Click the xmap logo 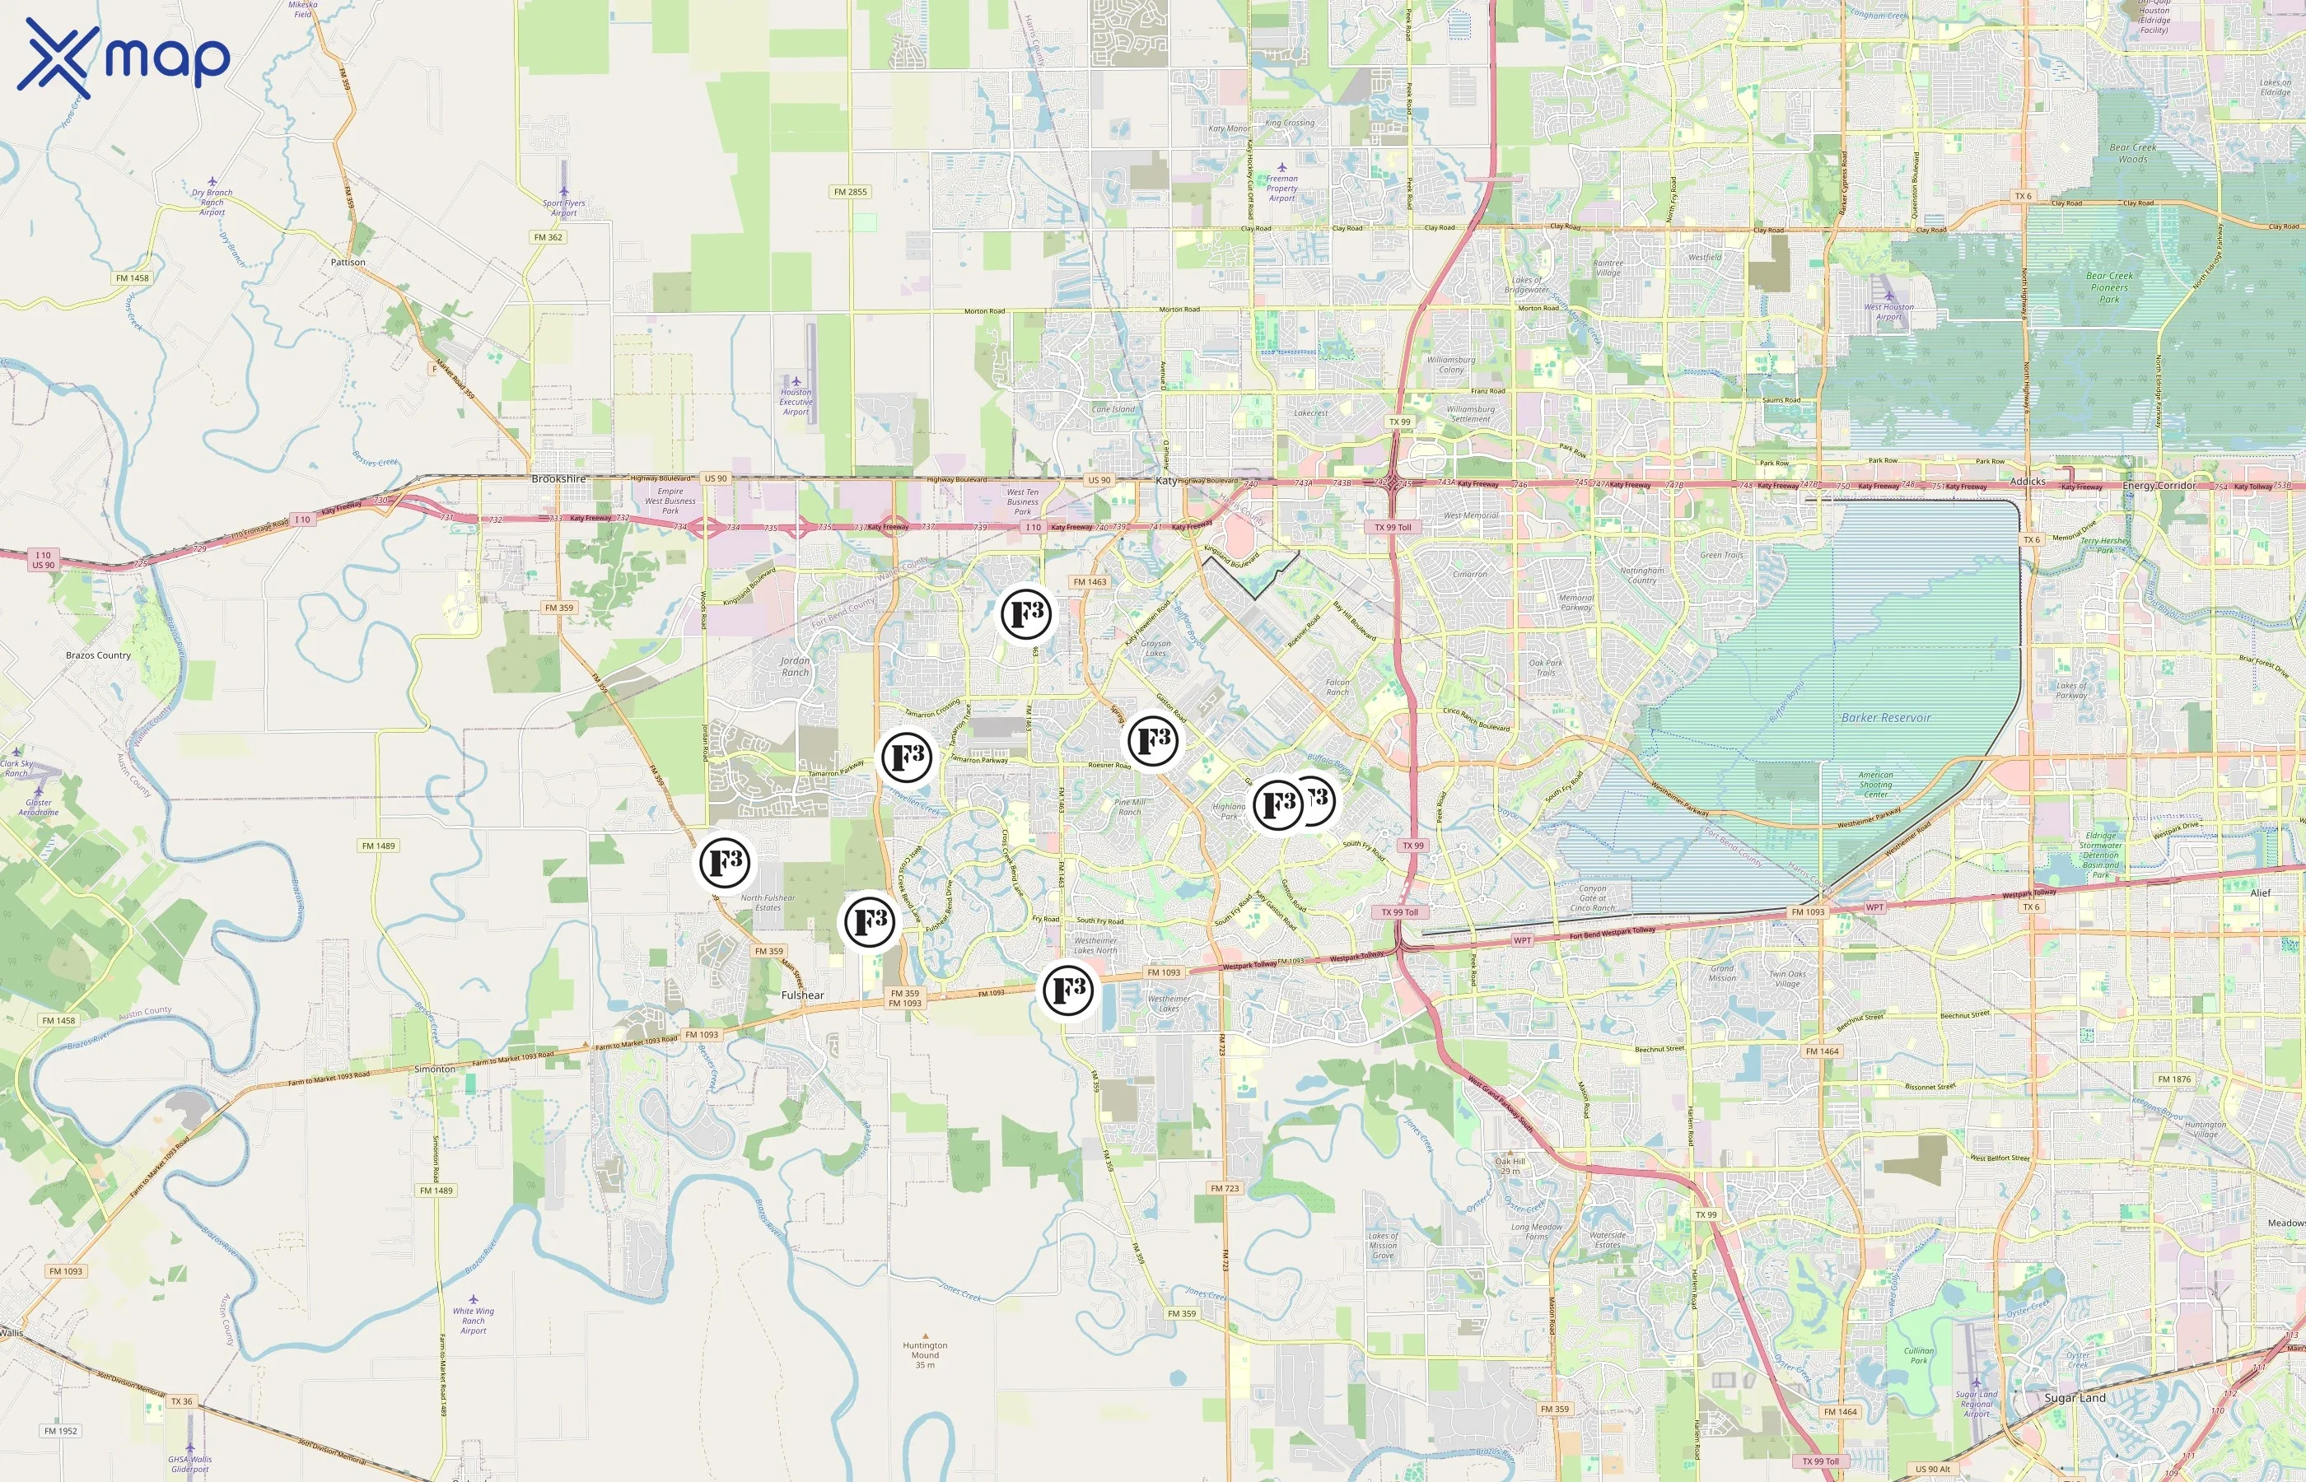click(124, 58)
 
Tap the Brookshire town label click(558, 478)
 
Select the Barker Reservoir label click(1885, 718)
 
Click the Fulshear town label click(801, 995)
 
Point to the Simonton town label click(434, 1070)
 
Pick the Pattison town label click(348, 262)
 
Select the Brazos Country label click(98, 655)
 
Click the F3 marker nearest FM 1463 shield click(1026, 614)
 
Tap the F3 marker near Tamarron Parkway click(907, 757)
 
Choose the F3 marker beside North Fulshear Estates click(725, 862)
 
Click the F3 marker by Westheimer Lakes click(1068, 990)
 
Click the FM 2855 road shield click(850, 192)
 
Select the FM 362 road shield click(548, 237)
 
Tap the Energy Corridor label click(2159, 485)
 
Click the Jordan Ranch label click(795, 666)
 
